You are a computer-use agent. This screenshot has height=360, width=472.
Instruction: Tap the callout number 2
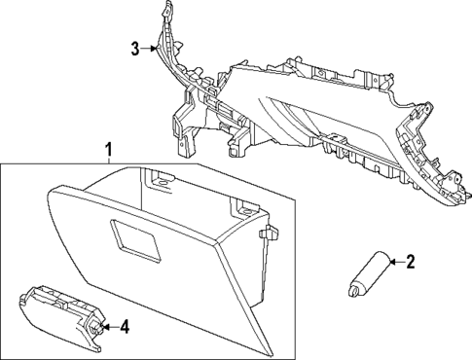[410, 260]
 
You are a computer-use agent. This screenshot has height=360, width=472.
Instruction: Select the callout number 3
[135, 47]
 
